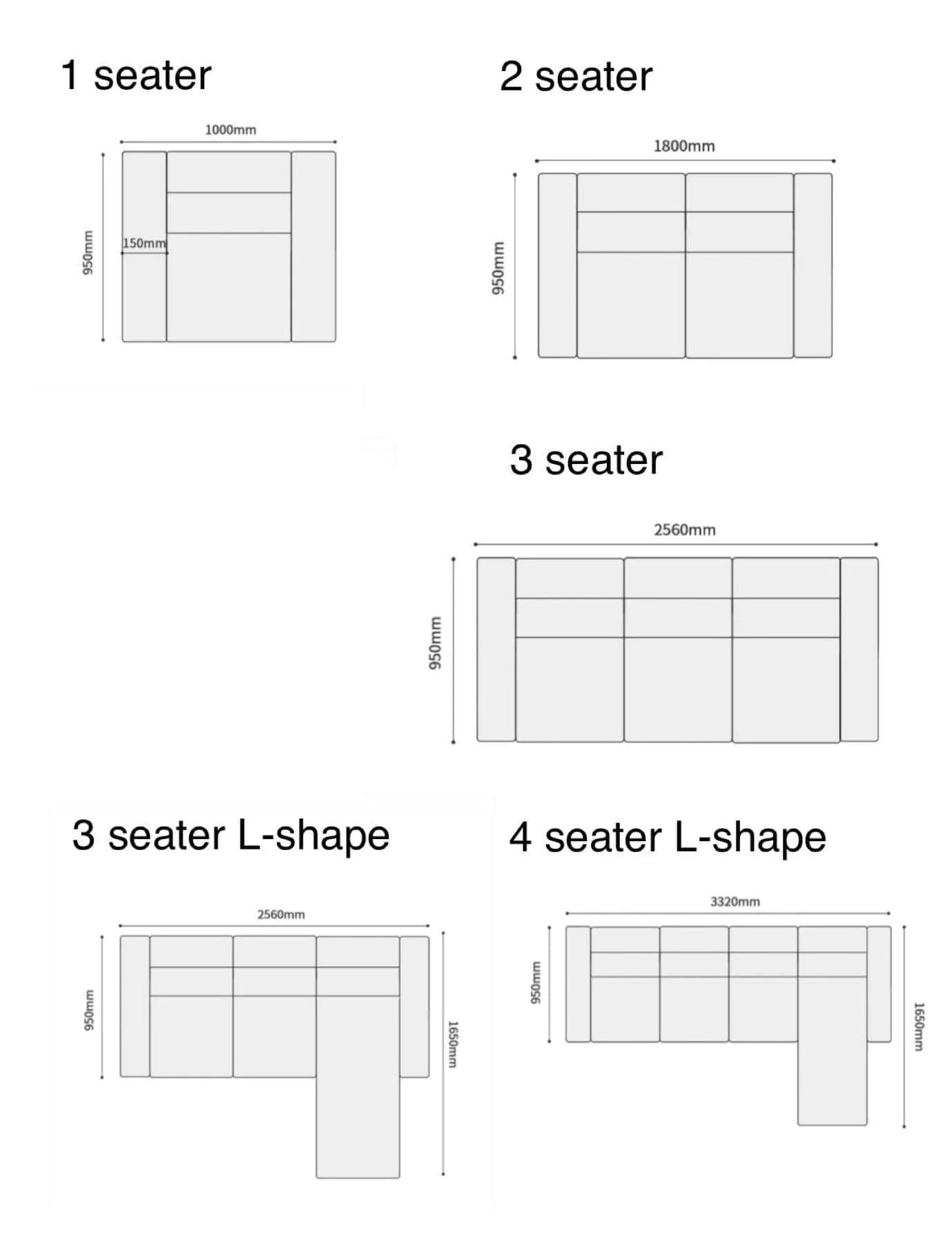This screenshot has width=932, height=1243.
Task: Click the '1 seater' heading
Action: coord(135,75)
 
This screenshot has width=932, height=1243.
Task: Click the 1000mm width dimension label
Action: coord(231,130)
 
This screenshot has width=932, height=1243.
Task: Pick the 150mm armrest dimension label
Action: coord(144,243)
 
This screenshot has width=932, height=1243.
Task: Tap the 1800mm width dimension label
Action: coord(684,146)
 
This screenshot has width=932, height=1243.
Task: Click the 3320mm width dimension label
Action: coord(735,901)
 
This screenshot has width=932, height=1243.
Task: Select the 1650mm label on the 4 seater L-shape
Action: coord(918,1027)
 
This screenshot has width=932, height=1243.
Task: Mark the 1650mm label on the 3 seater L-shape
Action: coord(453,1044)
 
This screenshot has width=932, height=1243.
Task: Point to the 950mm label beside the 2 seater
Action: coord(498,267)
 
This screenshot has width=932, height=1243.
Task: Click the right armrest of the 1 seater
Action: coord(313,247)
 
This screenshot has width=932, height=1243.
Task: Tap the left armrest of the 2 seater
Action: coord(557,265)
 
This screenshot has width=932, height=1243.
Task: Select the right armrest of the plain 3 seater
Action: coord(860,649)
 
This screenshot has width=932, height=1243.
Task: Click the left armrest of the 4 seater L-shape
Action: coord(578,984)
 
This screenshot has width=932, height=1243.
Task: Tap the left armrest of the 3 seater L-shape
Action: coord(135,1006)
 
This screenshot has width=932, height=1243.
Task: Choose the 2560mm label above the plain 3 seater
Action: coord(685,530)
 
